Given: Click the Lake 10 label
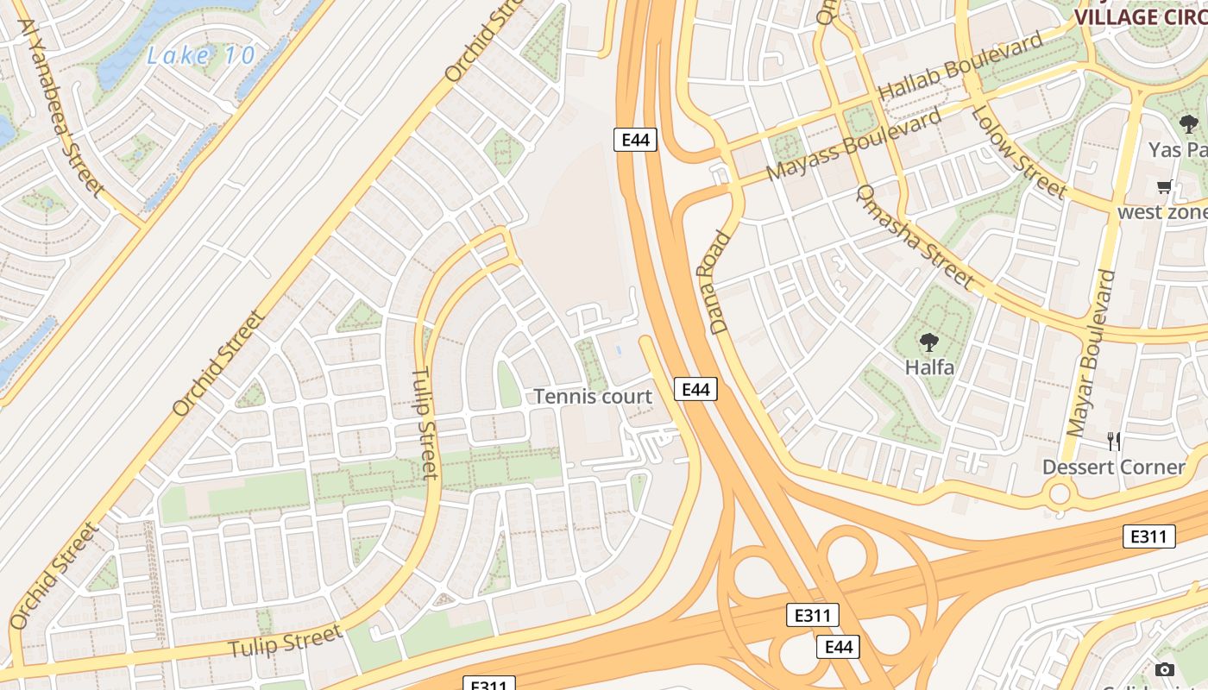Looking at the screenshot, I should point(201,56).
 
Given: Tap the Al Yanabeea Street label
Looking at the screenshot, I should point(60,108).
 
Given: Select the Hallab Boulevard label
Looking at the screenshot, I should point(960,68).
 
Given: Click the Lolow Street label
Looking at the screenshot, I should point(1019,152).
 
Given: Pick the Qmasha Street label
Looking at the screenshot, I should point(915,237).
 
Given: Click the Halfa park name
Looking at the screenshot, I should point(929,367).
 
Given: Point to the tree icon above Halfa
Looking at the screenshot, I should point(929,342).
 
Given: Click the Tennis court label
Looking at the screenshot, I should point(593,396).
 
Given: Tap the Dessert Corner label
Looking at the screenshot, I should point(1114,467).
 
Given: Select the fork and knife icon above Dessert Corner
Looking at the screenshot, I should point(1114,442).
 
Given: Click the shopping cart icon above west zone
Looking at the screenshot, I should point(1165,187).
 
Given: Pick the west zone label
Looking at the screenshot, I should point(1162,212).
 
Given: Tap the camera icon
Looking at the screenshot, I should point(1164,669).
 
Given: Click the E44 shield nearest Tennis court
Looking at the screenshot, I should point(695,390).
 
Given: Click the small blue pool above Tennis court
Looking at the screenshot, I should point(620,351).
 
